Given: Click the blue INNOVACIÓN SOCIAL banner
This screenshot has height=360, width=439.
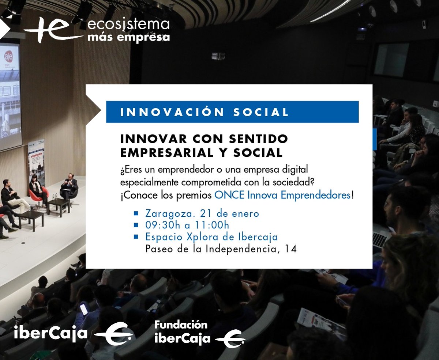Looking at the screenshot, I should point(232,112).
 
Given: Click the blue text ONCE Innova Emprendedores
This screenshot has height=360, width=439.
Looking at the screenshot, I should point(282,195).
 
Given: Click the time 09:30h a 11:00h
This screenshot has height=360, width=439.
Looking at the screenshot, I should point(187,225).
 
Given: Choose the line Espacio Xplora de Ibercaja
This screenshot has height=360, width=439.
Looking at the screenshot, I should point(211,237).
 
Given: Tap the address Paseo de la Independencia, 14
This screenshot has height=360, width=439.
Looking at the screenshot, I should point(221,249).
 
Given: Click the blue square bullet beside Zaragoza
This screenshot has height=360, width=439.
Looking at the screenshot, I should point(136,213).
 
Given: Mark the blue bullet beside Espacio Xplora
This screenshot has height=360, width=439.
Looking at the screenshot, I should point(136,237).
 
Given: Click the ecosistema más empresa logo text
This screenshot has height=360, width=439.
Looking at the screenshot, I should point(128,31).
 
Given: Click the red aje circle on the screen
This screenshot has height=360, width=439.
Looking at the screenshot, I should point(8,56).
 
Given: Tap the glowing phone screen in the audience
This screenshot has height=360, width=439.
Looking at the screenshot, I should point(84,309).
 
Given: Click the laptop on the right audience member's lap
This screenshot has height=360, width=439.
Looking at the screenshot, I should point(380,239).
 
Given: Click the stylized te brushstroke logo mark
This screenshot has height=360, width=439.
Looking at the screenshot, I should point(51,29).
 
